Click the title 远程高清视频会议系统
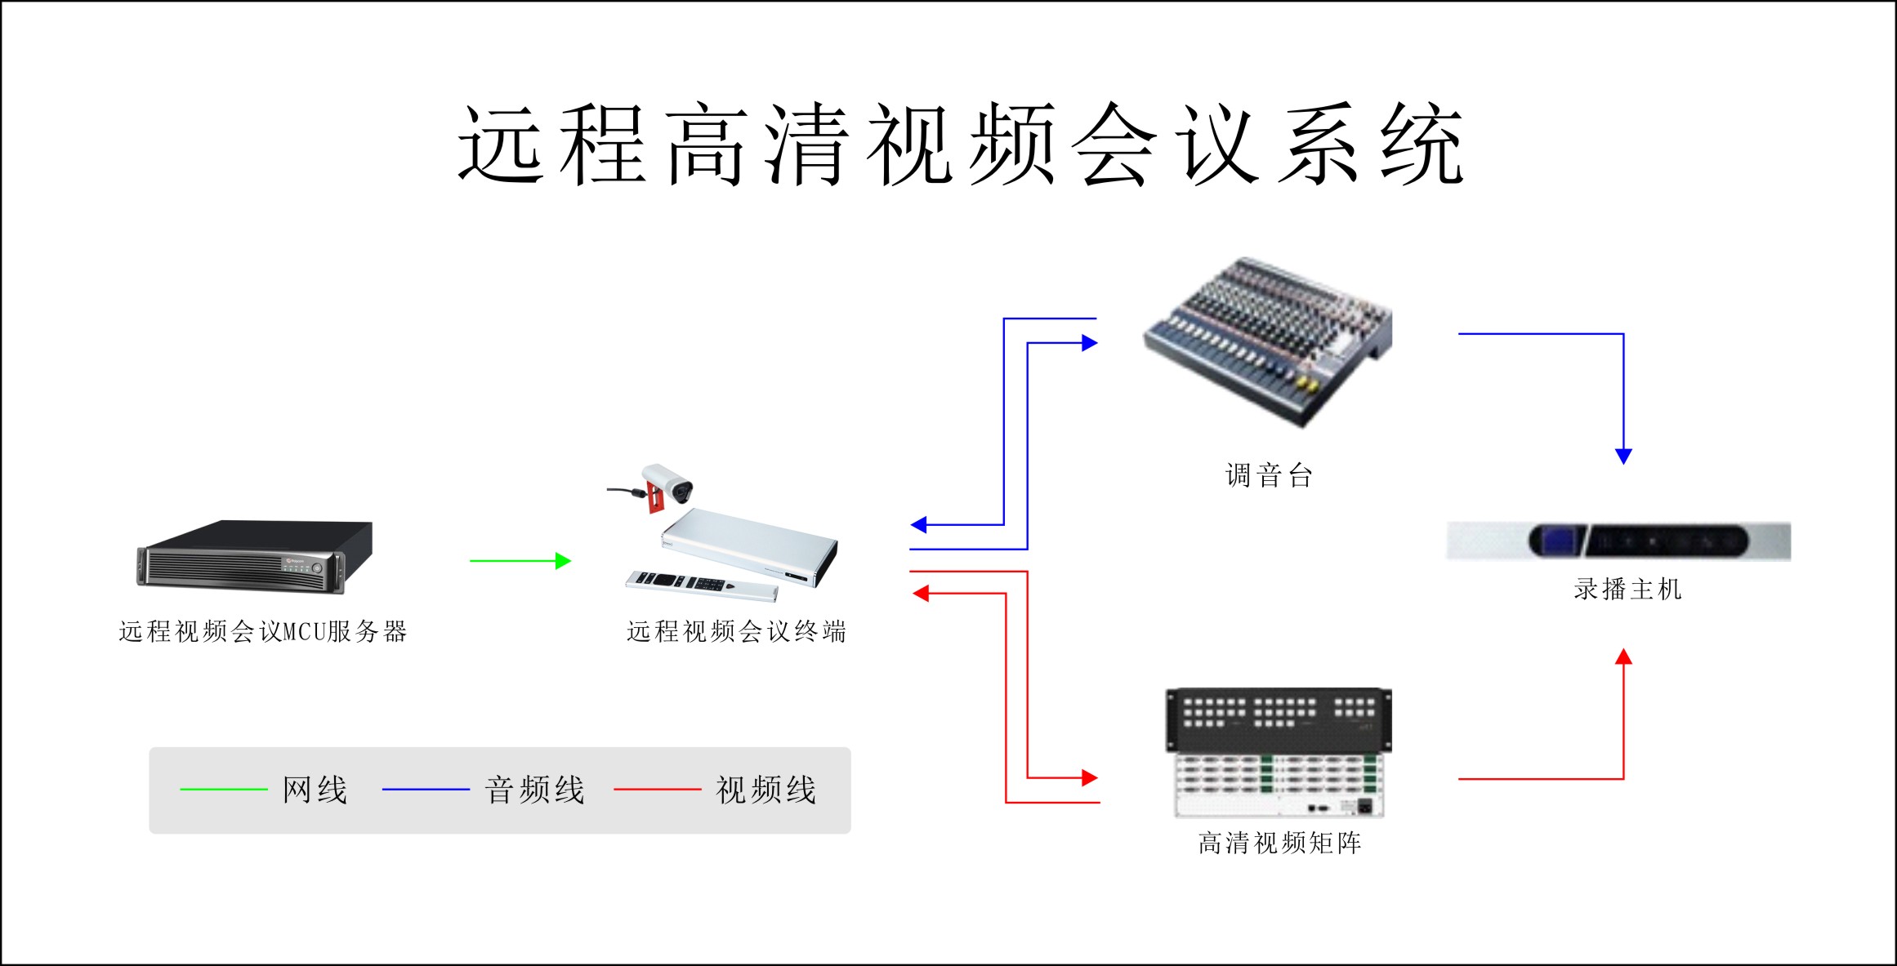960,145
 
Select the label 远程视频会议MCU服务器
262,631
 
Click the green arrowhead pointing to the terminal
563,561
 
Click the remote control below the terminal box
701,585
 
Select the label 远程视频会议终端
736,631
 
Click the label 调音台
1268,475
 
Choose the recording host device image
1618,541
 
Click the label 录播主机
1627,589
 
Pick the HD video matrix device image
1279,752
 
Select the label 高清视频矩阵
1279,843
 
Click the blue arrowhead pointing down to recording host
1623,456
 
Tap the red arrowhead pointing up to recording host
1623,657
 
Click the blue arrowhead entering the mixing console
1089,343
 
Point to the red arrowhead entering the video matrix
1089,777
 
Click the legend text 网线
315,790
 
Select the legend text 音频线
535,790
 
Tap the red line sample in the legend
657,790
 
